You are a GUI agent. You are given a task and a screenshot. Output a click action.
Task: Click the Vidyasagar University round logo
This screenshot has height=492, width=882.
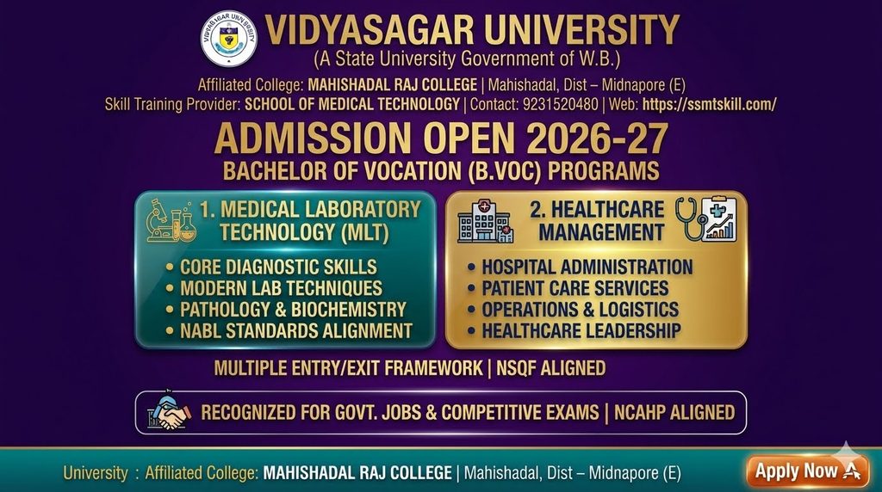[x=229, y=39]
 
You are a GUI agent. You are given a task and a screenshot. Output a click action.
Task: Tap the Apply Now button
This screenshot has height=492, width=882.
[x=807, y=470]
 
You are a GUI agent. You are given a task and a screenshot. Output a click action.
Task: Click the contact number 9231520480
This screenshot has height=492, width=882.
[x=560, y=104]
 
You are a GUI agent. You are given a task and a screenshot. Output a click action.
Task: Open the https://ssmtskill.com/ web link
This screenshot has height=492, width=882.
[x=710, y=104]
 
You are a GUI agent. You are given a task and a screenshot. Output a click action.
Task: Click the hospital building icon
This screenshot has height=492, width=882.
[x=485, y=222]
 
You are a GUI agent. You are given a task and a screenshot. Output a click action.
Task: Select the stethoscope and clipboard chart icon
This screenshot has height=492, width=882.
[x=706, y=219]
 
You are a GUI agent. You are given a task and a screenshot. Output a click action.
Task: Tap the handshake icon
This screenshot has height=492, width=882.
[x=169, y=412]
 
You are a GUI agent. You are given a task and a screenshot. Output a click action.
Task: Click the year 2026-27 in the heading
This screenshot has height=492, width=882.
[x=598, y=138]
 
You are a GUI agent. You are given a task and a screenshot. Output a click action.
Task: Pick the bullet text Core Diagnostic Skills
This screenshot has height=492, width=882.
[x=278, y=267]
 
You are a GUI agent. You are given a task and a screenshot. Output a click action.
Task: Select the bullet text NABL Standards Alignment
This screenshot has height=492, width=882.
[x=296, y=331]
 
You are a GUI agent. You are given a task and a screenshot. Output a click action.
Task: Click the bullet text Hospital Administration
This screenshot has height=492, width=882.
[x=587, y=267]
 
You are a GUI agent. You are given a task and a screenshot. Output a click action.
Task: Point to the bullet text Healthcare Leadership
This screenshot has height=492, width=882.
[x=581, y=331]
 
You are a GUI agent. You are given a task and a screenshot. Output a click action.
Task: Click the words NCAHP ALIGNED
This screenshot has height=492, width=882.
[x=674, y=412]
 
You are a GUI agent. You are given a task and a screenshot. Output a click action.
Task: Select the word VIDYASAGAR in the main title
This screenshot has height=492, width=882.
[x=369, y=30]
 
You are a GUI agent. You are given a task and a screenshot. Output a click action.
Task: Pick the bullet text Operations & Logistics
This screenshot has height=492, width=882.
[x=581, y=310]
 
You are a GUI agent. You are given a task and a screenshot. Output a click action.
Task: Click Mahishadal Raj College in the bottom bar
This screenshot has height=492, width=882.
[x=357, y=473]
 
